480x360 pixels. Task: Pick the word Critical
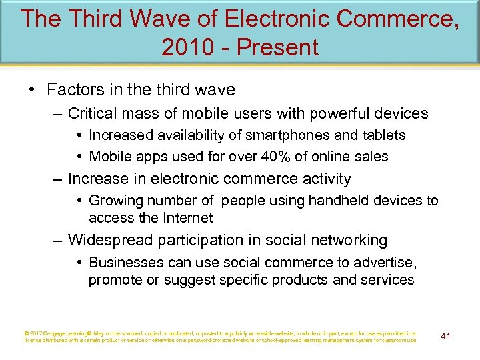[x=92, y=113]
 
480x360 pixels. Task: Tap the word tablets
[x=383, y=135]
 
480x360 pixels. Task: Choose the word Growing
[x=115, y=201]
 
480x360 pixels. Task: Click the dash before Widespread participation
[x=57, y=240]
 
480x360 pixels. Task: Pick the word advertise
[x=388, y=262]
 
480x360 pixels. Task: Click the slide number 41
[x=446, y=336]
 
